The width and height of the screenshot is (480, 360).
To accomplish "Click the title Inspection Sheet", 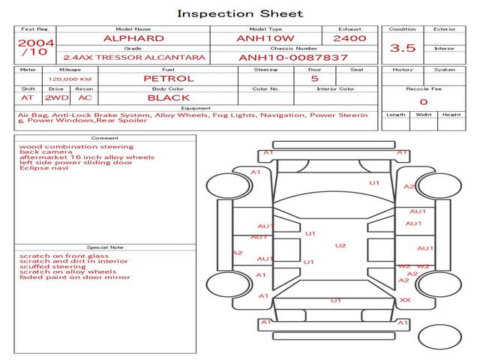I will pos(240,13).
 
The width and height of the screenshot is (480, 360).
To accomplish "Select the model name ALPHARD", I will pos(133,38).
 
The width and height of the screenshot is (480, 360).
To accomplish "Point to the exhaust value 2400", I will pos(349,38).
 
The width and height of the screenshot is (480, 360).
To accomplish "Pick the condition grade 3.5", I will pos(403,48).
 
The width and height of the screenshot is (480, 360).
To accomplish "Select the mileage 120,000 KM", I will pos(70,79).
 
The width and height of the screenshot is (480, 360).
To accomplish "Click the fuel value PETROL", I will pos(168,78).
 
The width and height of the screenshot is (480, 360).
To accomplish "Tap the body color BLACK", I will pos(168,97).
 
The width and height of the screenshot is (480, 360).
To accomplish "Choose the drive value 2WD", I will pos(54,97).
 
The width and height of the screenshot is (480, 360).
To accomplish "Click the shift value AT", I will pos(27,97).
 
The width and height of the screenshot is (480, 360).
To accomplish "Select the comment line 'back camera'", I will pos(40,152).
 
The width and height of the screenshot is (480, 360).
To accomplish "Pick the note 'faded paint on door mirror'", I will pos(74,277).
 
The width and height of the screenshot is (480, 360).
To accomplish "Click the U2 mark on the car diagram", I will pos(340,245).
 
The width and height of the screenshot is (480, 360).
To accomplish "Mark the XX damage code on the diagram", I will pos(405,300).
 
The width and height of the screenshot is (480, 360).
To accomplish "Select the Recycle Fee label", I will pos(423,88).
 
